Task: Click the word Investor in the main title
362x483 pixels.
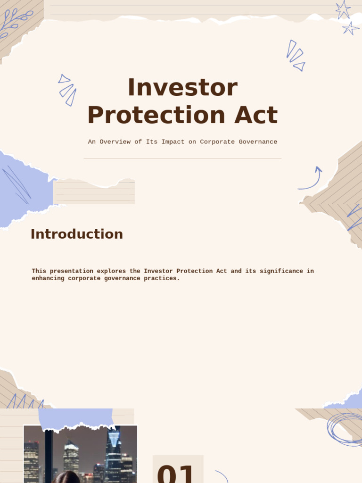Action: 182,88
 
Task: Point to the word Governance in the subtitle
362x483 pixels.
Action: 258,142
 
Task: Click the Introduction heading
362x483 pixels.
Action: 76,234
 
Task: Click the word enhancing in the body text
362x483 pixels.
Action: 48,278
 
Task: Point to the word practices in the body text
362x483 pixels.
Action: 163,278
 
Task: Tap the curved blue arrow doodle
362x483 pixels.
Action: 311,179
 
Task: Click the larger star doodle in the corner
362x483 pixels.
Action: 343,9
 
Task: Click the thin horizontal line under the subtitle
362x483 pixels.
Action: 182,158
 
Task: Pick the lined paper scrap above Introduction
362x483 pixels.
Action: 94,192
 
